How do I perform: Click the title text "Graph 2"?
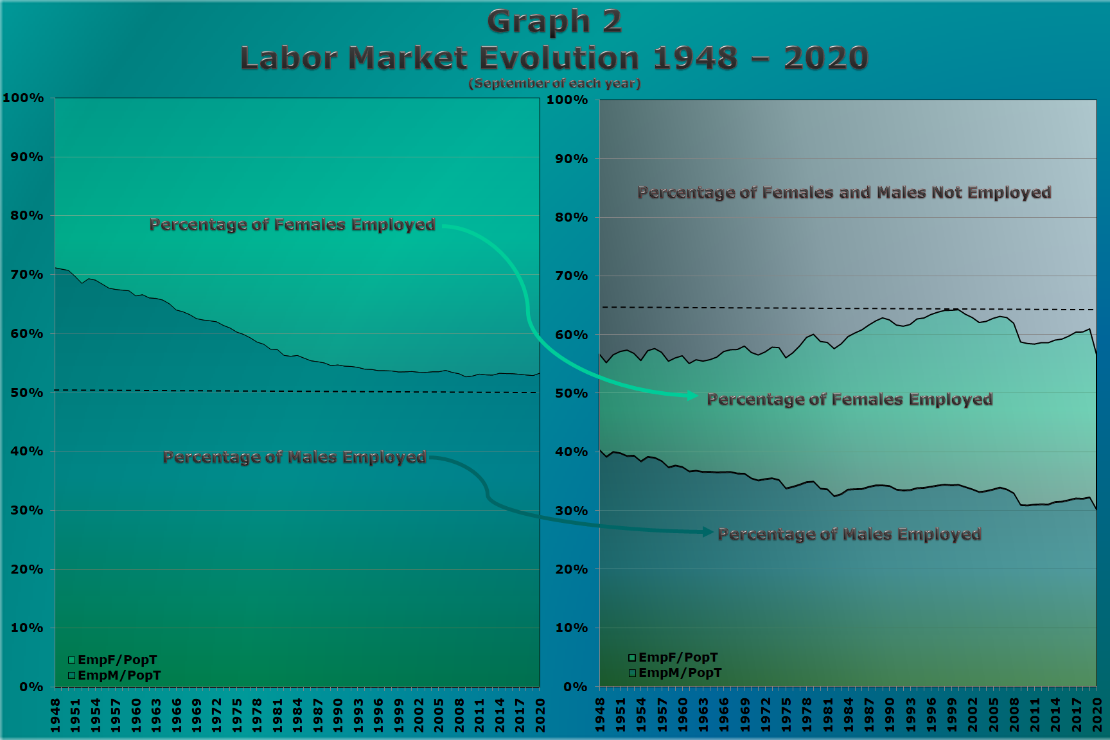coord(554,22)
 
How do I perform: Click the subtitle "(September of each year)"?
coord(554,84)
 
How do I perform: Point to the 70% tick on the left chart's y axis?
coord(27,275)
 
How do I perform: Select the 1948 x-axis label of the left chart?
coord(56,715)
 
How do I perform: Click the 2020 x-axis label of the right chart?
coord(1097,715)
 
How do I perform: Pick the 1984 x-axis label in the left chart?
coord(297,715)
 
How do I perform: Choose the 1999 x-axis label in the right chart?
coord(952,715)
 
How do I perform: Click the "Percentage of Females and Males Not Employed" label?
coord(844,193)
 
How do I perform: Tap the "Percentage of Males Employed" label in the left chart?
coord(294,457)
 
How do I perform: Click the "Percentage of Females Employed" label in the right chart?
coord(849,400)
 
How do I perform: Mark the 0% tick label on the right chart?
coord(575,687)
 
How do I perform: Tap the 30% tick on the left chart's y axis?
coord(27,511)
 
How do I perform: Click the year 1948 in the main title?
coord(695,58)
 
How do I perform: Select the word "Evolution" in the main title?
coord(559,58)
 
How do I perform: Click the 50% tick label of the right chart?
coord(571,394)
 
